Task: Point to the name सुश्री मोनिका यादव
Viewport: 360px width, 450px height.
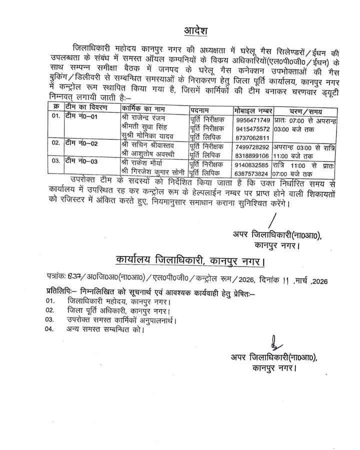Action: tap(148, 137)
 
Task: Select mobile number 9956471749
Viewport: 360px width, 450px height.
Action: tap(252, 120)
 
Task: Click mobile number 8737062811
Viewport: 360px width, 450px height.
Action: tap(252, 137)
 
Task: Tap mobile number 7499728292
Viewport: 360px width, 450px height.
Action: tap(252, 146)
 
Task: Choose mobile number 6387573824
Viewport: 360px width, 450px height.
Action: tap(252, 173)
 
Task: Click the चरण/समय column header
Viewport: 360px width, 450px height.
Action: tap(305, 110)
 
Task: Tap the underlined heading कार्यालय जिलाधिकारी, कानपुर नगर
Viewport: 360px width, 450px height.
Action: tap(189, 261)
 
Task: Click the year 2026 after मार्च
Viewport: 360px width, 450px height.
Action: tap(318, 281)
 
